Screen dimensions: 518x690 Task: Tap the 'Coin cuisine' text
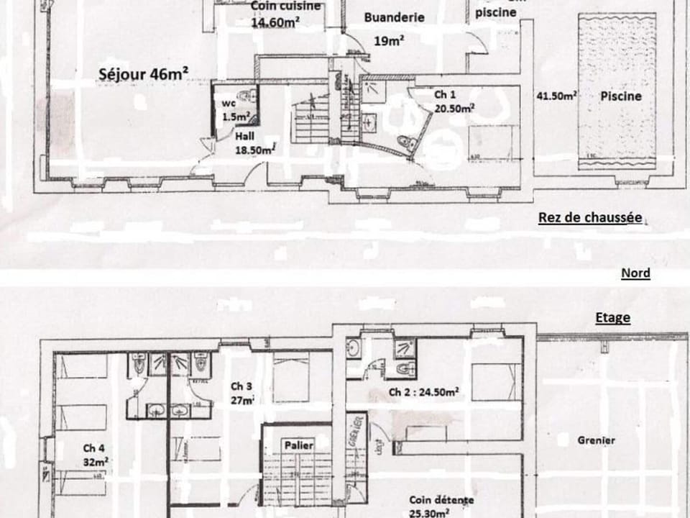point(276,6)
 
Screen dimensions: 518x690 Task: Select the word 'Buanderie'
point(394,17)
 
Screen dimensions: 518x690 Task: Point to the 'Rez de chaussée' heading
point(590,218)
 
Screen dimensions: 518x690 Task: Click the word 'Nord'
point(635,273)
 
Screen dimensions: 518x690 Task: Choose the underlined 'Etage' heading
point(612,317)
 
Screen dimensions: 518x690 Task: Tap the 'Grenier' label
point(596,440)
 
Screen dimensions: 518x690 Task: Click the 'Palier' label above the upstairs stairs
point(298,445)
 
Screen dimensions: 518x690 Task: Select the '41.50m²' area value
point(558,96)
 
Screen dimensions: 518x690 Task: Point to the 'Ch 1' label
point(444,94)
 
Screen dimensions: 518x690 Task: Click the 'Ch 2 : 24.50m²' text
point(423,392)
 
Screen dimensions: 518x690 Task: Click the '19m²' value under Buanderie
point(388,41)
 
